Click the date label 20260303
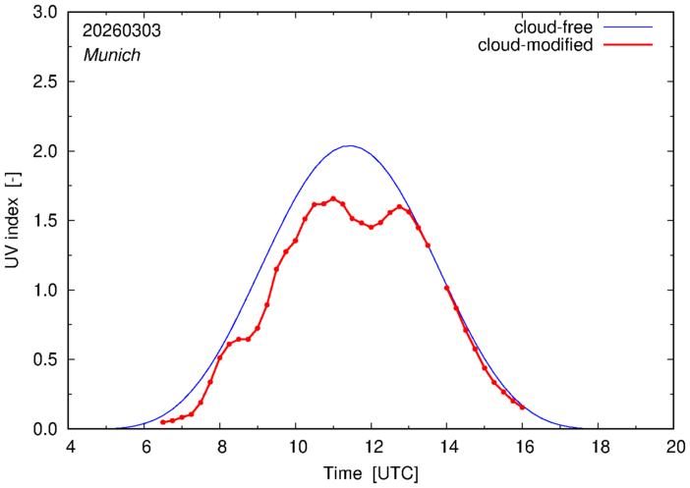tap(121, 31)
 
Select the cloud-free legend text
tap(554, 27)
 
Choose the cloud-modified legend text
tap(535, 45)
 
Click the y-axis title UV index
tap(14, 221)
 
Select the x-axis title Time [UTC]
tap(371, 473)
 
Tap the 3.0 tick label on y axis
tap(46, 13)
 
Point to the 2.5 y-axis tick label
tap(46, 82)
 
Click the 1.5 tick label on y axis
tap(46, 221)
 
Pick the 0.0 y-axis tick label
tap(46, 429)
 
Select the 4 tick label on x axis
tap(70, 447)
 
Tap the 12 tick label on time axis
tap(372, 447)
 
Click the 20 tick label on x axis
tap(673, 447)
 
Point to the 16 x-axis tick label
tap(522, 447)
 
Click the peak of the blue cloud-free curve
tap(350, 146)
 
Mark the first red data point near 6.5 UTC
tap(163, 422)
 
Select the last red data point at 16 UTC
tap(522, 407)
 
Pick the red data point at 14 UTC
tap(446, 288)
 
